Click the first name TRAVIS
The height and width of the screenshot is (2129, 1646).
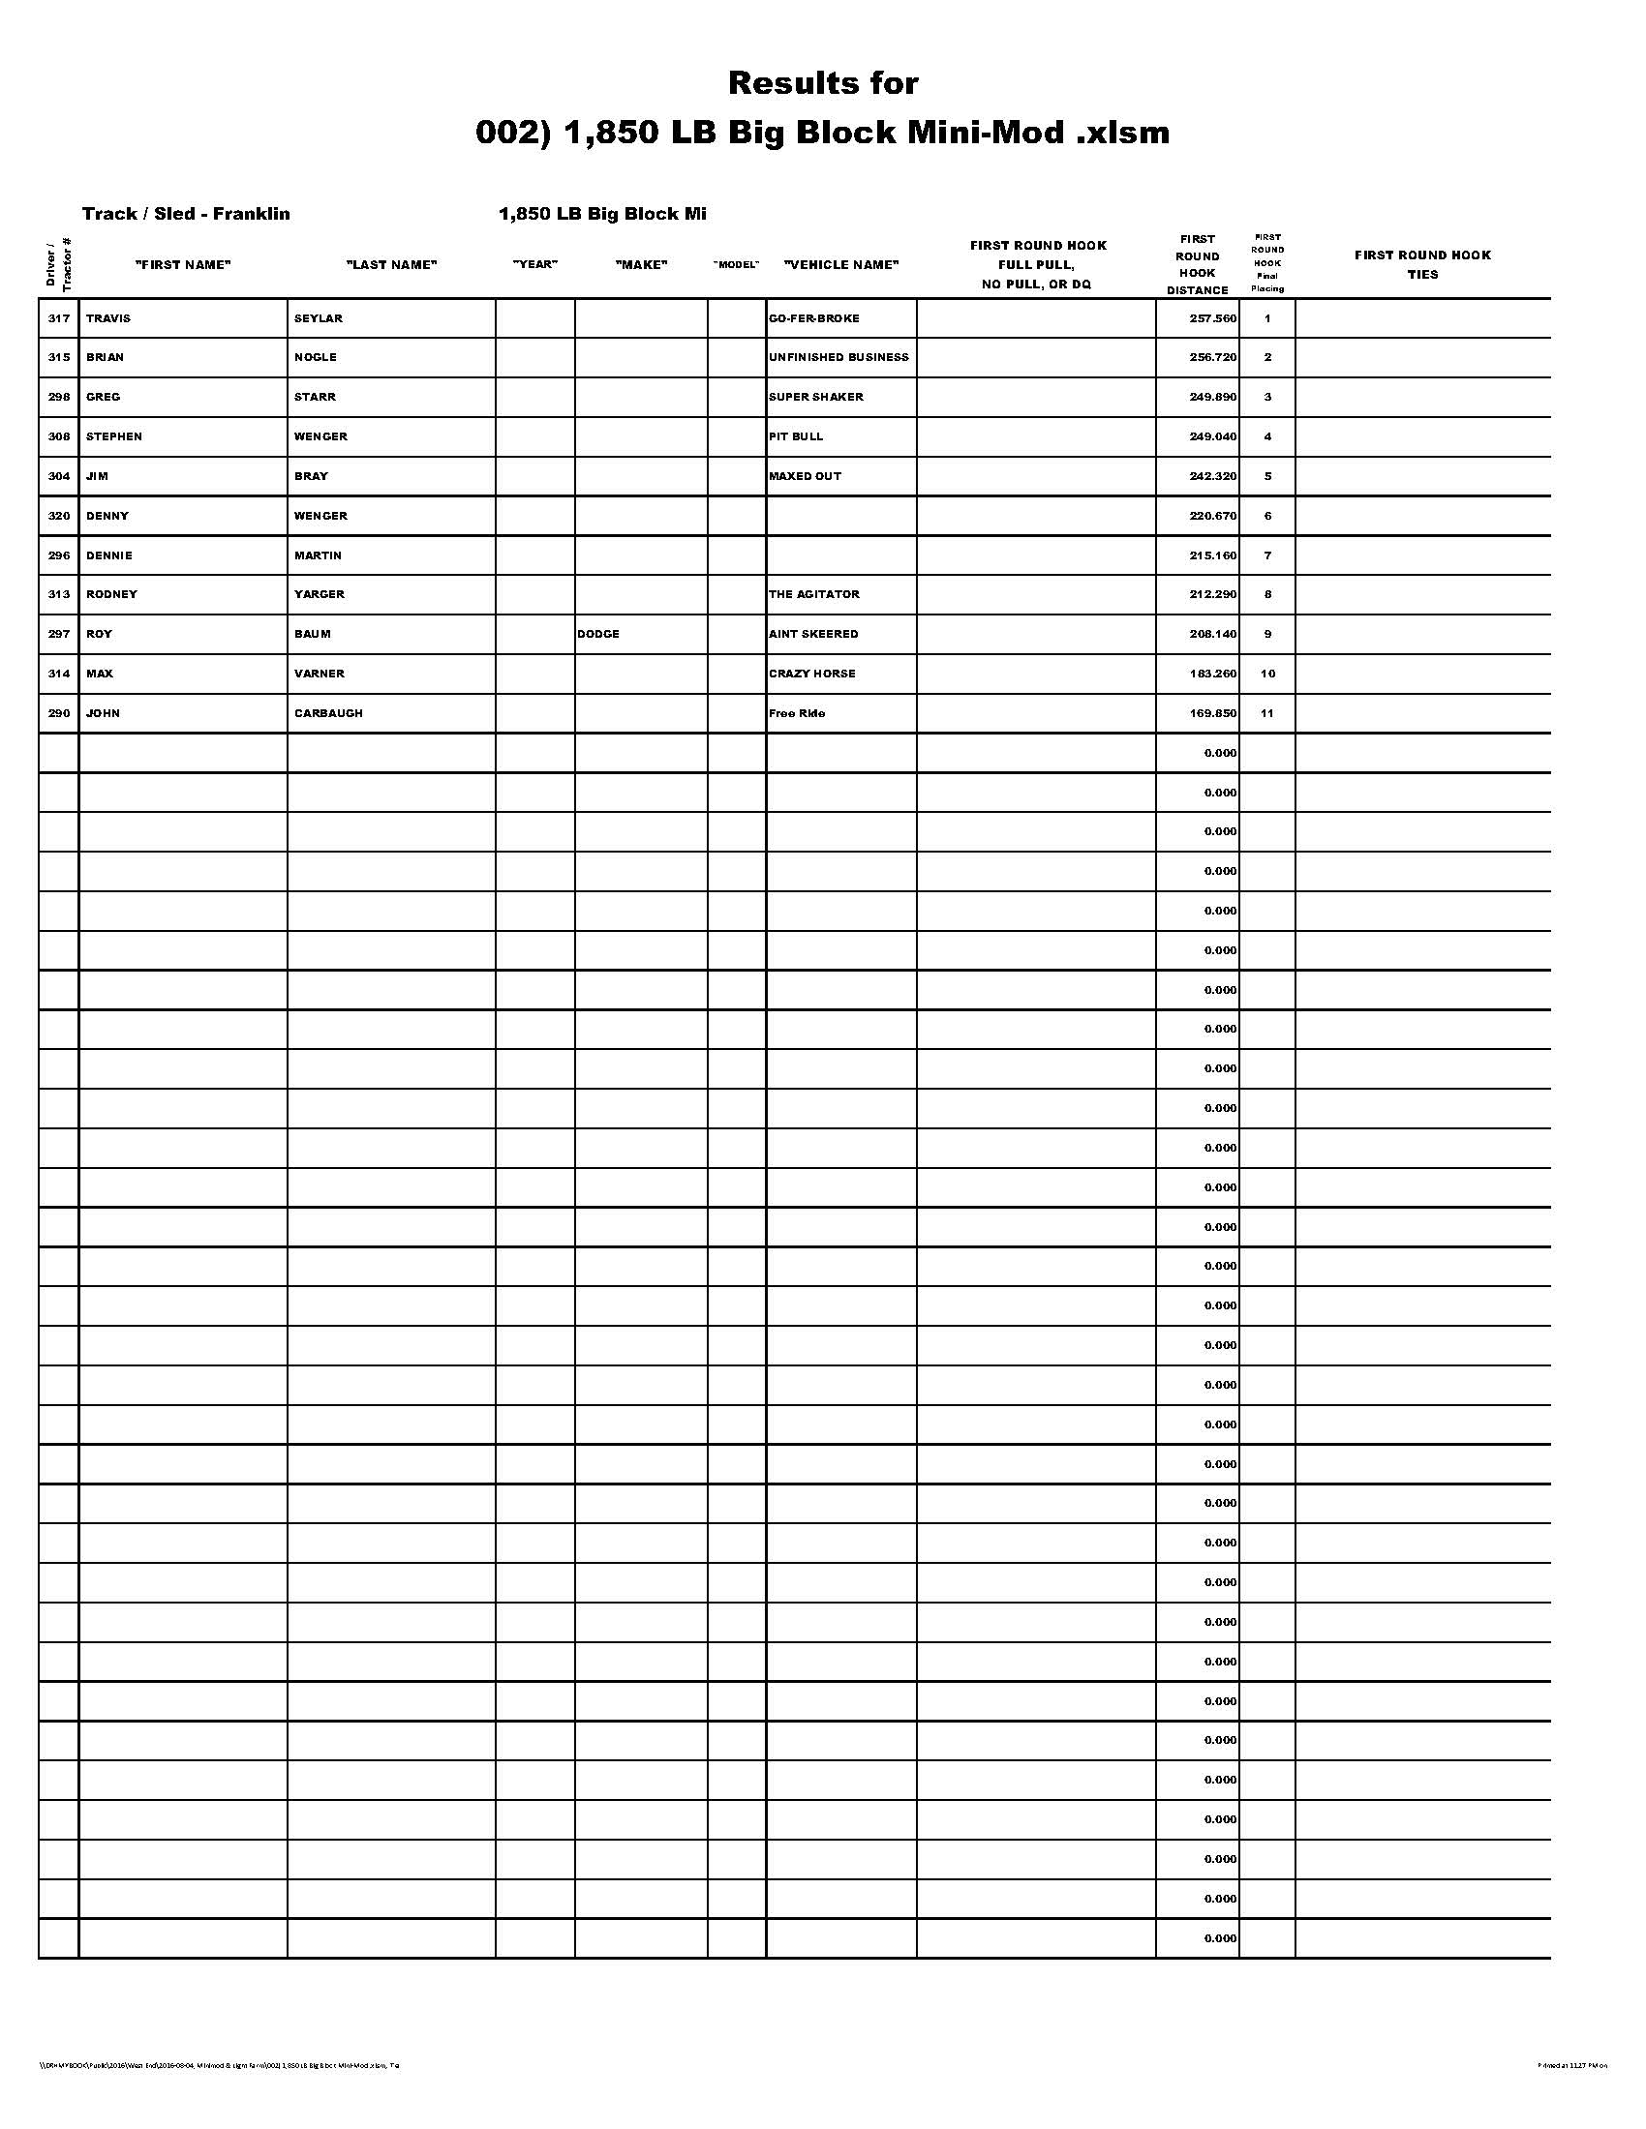tap(108, 318)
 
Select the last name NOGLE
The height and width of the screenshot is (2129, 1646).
tap(316, 358)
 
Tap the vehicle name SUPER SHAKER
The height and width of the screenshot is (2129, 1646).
tap(816, 398)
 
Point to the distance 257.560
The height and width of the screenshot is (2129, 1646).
tap(1213, 318)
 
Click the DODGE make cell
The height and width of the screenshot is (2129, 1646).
tap(598, 635)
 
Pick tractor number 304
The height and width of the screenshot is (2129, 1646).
tap(59, 477)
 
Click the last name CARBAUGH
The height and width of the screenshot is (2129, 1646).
tap(328, 713)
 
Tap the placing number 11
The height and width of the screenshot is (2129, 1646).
tap(1267, 713)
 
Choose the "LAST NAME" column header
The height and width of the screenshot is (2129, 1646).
tap(392, 265)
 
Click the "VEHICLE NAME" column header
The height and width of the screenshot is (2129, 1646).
tap(841, 265)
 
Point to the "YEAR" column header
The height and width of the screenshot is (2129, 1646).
tap(535, 265)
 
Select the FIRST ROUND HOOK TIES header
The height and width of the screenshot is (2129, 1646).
tap(1422, 265)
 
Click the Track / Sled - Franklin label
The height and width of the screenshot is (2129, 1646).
tap(186, 215)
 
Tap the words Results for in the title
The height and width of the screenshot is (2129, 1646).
tap(823, 84)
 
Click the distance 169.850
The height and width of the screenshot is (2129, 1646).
tap(1213, 713)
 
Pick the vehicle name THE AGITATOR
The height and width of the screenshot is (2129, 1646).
tap(814, 594)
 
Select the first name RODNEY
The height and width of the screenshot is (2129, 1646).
tap(112, 594)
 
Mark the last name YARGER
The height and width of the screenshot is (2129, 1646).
tap(320, 594)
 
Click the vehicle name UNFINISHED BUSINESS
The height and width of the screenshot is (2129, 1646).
tap(838, 358)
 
